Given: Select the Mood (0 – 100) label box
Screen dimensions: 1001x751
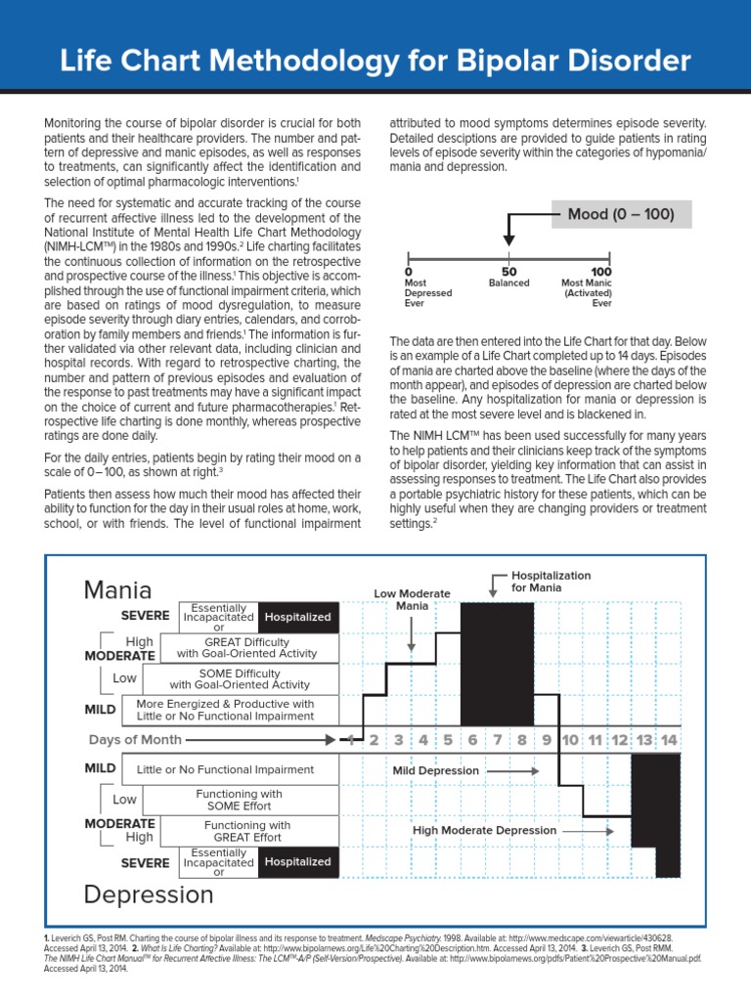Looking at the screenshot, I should (622, 213).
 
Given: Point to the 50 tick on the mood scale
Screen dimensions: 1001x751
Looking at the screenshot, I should (508, 271).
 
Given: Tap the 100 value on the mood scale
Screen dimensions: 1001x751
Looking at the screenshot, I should (601, 271).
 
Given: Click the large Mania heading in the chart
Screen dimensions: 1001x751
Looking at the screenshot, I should (118, 589).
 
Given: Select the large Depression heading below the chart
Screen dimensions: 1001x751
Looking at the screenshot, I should (149, 893).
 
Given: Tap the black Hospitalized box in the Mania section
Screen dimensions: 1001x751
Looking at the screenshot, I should (298, 617).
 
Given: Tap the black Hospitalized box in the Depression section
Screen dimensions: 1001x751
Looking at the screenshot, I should (298, 861).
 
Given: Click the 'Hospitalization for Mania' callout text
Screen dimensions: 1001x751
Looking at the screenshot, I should (551, 582).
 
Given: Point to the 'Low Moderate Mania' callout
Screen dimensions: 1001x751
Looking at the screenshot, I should (412, 599).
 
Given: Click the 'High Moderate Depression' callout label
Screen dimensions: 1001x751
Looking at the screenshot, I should (484, 830).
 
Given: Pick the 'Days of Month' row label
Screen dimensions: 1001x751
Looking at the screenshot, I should (135, 740).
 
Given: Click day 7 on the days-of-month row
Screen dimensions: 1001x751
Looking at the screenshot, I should (498, 740).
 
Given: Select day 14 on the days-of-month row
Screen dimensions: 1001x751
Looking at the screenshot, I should (669, 740).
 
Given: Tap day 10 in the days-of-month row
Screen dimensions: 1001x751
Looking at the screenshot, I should (571, 740).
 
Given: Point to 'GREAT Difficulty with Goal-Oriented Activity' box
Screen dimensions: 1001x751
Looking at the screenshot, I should (248, 647).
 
